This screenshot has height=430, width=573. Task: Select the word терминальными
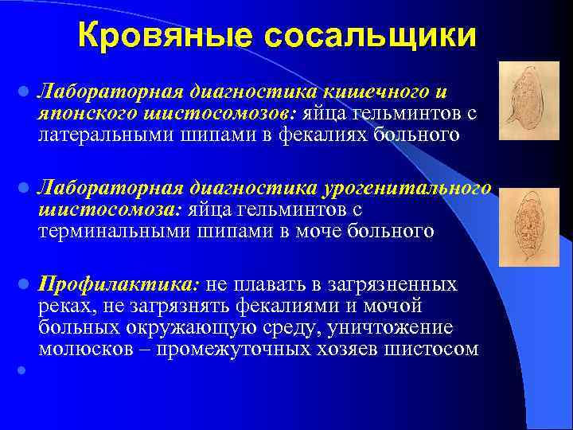pos(113,232)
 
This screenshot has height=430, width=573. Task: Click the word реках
pos(64,306)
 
